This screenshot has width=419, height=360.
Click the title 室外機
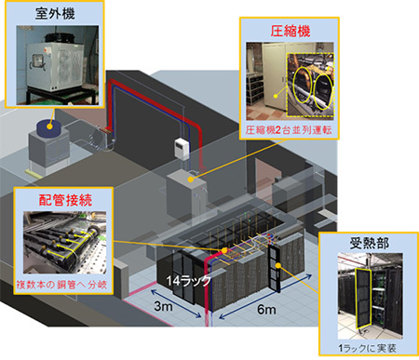[55, 13]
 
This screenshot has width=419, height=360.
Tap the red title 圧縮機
[290, 32]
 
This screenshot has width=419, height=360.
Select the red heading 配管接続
[65, 200]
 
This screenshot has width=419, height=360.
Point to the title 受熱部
[369, 243]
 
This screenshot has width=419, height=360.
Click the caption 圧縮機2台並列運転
[289, 130]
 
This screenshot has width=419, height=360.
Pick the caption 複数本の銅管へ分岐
[61, 285]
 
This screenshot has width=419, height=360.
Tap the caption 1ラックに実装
[367, 348]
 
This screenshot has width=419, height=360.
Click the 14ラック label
[189, 281]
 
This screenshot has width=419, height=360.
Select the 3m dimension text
[163, 306]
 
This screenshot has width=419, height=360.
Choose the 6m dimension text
[266, 310]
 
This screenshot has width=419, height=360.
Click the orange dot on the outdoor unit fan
[49, 127]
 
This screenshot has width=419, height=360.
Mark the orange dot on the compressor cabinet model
[191, 180]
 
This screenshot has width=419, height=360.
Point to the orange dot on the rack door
[278, 265]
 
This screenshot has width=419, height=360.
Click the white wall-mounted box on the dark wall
[182, 149]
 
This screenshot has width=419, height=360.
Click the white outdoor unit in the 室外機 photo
[56, 66]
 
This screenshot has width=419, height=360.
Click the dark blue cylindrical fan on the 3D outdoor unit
[50, 128]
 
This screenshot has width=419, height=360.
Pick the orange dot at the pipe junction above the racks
[224, 250]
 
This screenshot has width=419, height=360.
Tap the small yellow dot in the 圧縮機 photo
[276, 96]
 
